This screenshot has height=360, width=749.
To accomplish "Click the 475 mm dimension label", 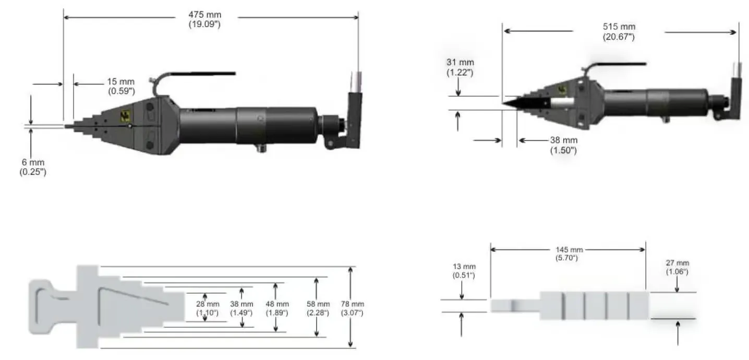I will (x=204, y=20).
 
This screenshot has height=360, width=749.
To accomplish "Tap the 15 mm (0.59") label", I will (x=121, y=86).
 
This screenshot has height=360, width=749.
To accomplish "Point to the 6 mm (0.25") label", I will (x=33, y=167).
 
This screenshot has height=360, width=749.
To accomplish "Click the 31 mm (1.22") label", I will (x=460, y=68).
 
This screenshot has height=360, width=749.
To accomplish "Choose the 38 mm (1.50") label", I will (x=564, y=145).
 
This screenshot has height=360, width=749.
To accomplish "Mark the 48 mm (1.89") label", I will (x=277, y=308).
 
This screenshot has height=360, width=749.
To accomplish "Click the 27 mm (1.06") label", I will (x=678, y=267).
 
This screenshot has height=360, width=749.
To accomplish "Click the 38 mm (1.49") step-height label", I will (x=241, y=308).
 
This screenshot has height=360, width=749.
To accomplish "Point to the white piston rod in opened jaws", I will (x=563, y=103).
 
